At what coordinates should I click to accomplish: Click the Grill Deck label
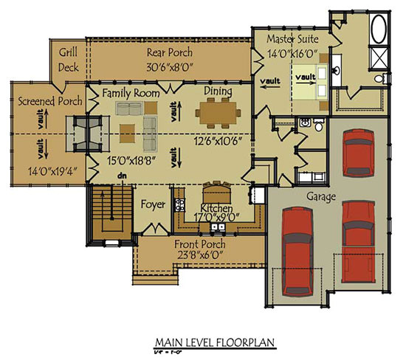pos(69,59)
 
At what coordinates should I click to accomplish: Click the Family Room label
pos(131,93)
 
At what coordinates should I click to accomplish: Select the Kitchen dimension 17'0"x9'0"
pos(216,217)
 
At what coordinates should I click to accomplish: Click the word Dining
pos(219,91)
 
